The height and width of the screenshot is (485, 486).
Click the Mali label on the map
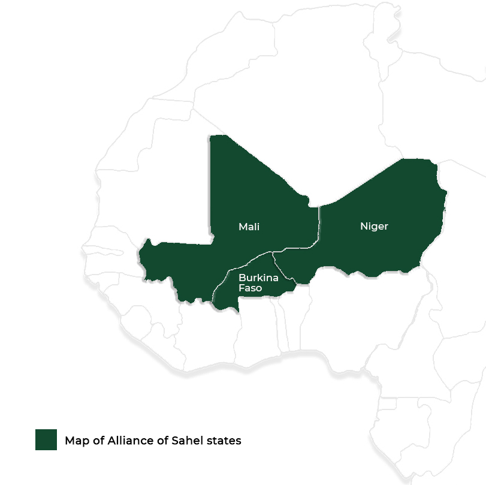pos(249,227)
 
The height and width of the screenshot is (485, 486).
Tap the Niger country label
pos(374,226)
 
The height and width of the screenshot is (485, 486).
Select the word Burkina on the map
pos(258,278)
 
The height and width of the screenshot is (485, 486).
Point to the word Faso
pos(250,288)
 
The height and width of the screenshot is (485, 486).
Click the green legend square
pos(46,440)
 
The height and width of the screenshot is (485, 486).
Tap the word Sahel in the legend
pos(187,441)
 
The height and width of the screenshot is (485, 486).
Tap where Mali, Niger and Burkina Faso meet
pos(273,252)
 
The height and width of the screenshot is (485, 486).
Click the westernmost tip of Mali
pos(138,256)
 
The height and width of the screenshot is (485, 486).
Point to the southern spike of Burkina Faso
pos(238,311)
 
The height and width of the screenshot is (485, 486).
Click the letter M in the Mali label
pos(242,227)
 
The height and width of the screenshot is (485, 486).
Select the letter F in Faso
pos(242,288)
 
